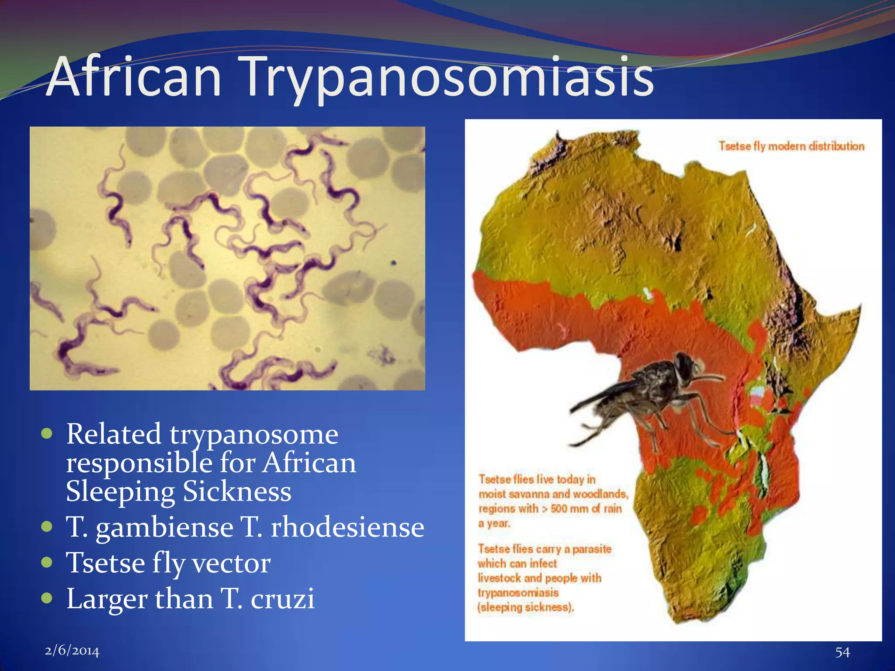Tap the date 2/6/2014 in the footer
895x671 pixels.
click(72, 651)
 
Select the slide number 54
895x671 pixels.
click(842, 652)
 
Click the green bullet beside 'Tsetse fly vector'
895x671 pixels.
click(46, 562)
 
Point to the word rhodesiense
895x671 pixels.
click(347, 527)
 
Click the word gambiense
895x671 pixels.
click(164, 528)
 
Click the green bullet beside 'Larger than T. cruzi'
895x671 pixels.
click(46, 598)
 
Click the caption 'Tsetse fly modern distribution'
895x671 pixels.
click(791, 146)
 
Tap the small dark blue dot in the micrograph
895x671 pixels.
click(393, 263)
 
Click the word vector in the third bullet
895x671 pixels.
click(231, 563)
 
